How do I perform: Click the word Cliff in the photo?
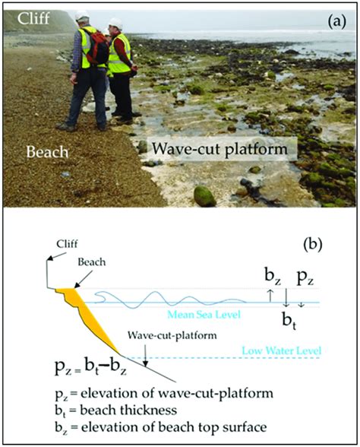25,17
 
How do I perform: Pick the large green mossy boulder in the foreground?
204,195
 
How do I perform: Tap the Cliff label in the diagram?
68,243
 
